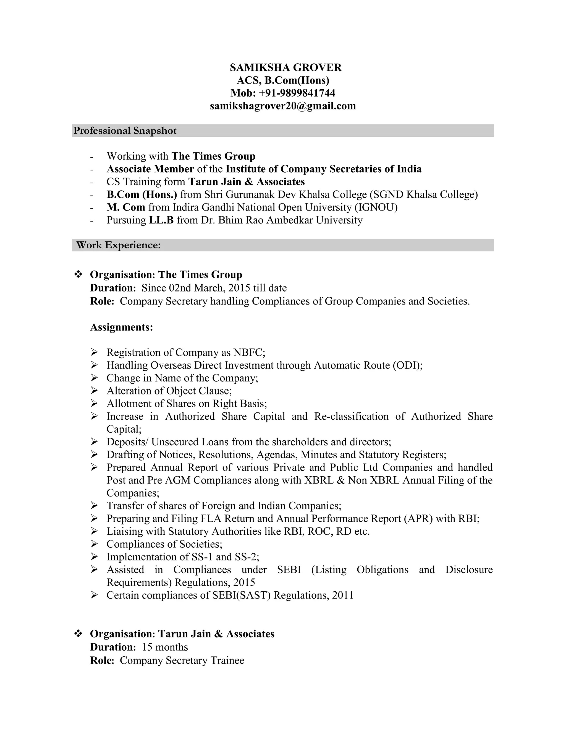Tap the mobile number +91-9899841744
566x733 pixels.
tap(297, 93)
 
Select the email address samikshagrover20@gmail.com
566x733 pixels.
tap(283, 106)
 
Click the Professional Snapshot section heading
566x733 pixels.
tap(125, 131)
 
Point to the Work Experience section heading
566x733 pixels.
tap(118, 245)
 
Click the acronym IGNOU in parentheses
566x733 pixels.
tap(376, 207)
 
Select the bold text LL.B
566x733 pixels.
tap(161, 220)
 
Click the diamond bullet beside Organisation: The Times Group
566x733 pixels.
tap(78, 275)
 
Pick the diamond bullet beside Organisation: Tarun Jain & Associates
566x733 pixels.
tap(78, 634)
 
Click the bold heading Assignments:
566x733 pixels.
tap(121, 327)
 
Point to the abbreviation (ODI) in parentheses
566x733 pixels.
tap(407, 365)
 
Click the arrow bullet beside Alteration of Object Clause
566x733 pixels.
tap(94, 391)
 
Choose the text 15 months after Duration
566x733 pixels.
tap(165, 647)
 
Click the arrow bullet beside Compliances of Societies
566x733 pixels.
tap(94, 544)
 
